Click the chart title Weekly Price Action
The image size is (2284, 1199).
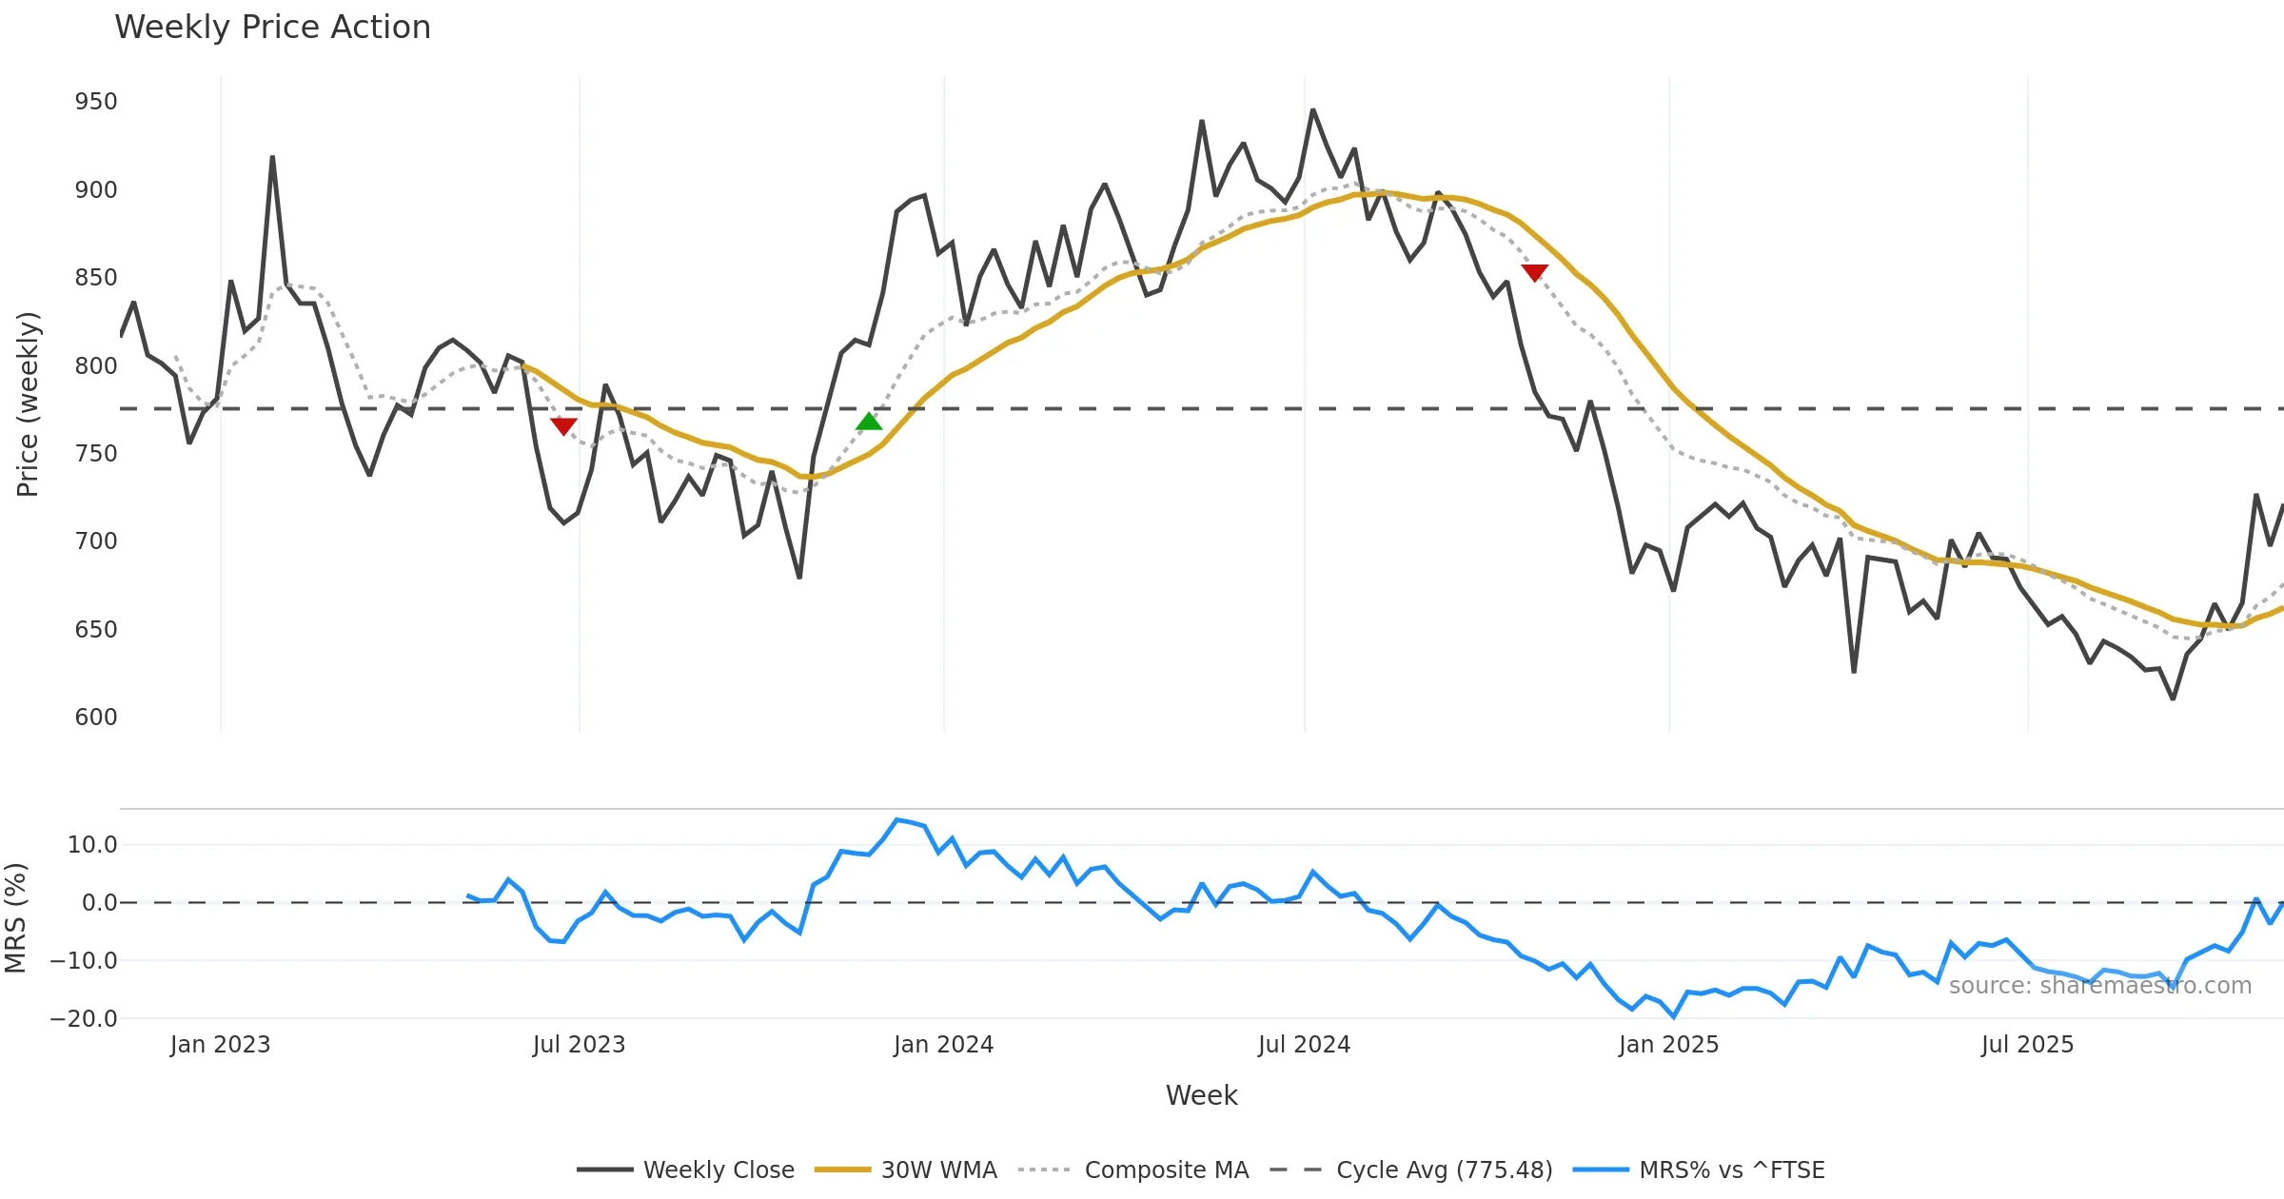272,28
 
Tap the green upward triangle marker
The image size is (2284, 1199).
869,422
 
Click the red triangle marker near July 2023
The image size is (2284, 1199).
563,426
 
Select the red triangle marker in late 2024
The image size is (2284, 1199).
1535,273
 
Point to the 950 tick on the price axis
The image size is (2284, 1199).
96,102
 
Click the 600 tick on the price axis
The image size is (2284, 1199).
96,717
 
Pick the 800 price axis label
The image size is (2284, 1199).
96,366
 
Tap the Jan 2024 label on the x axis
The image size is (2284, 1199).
943,1045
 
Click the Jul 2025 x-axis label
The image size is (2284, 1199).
2027,1045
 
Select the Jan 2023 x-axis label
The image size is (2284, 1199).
220,1045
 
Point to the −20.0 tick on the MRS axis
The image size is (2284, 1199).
84,1019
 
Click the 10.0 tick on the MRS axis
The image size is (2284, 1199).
92,845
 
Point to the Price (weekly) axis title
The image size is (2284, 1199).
29,404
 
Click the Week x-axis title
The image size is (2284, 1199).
1201,1096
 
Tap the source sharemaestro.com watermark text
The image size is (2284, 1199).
2099,986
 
